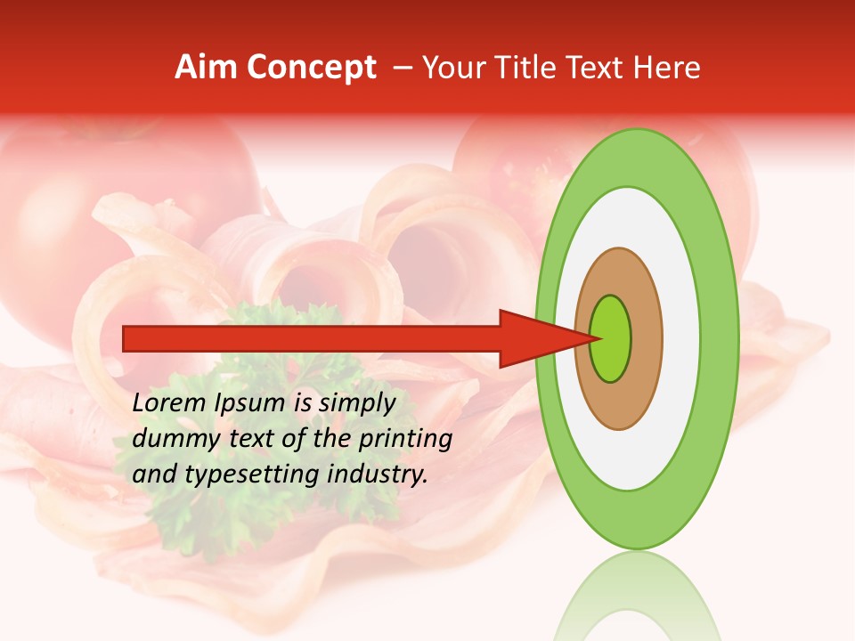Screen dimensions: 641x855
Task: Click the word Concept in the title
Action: pos(311,68)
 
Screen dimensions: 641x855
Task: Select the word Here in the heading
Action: pos(667,68)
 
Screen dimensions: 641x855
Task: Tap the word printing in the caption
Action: pos(404,438)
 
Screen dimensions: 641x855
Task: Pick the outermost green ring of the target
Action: pos(718,338)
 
